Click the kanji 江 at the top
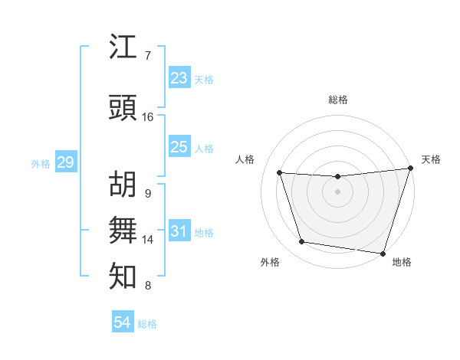point(123,48)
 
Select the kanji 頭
point(123,109)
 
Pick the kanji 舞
point(123,231)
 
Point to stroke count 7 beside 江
point(147,56)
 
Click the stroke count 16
point(148,117)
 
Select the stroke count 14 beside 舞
point(148,240)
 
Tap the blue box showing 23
point(179,78)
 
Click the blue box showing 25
point(179,147)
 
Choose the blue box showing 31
point(179,231)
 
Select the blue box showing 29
point(65,162)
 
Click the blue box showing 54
point(122,323)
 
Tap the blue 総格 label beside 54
point(147,325)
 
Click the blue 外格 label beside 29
point(41,164)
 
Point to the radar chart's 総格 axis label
point(337,100)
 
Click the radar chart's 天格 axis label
point(431,159)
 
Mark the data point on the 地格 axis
point(383,253)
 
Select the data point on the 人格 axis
point(280,173)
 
